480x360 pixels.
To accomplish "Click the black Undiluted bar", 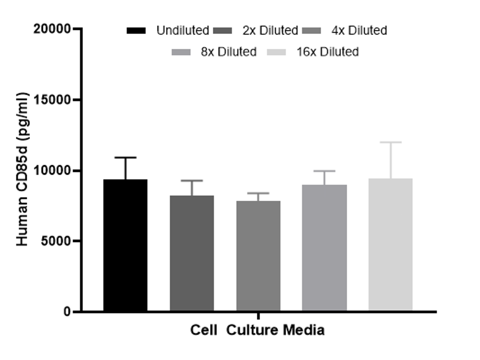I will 125,245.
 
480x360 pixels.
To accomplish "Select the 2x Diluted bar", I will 192,253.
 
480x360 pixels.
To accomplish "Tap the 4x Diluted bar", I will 258,256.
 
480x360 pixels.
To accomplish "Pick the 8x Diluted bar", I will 324,248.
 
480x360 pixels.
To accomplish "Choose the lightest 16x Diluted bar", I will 390,244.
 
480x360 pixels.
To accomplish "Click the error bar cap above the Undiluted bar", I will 125,158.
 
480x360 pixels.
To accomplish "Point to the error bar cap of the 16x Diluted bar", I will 390,142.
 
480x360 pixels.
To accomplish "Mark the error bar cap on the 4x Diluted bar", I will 258,193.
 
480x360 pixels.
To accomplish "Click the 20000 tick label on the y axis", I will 52,29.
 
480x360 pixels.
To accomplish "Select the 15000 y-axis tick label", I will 52,100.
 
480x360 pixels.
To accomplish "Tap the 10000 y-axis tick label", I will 52,170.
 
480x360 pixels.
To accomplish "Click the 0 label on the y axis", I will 66,312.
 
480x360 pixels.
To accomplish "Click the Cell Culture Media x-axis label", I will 257,331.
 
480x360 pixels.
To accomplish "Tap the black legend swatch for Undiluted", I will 136,30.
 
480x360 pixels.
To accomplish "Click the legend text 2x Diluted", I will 270,30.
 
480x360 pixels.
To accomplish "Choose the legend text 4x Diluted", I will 359,30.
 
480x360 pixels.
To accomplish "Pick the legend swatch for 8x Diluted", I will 181,52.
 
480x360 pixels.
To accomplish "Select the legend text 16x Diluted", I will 328,52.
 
